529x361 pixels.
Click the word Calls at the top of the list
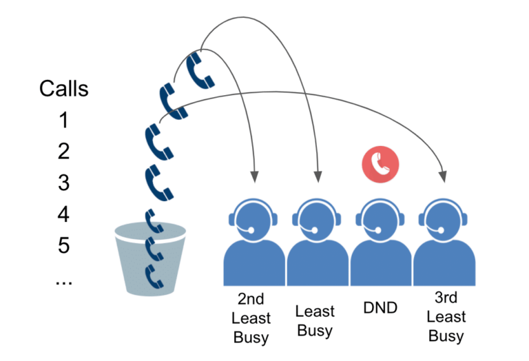click(64, 89)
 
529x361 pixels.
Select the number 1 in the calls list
click(64, 121)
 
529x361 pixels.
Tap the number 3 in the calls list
click(64, 183)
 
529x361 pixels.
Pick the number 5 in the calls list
click(64, 246)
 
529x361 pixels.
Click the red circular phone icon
click(380, 163)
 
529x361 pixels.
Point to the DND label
click(380, 307)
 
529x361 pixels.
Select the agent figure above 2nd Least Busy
click(253, 238)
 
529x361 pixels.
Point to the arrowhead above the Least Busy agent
click(318, 177)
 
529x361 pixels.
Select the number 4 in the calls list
click(64, 215)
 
